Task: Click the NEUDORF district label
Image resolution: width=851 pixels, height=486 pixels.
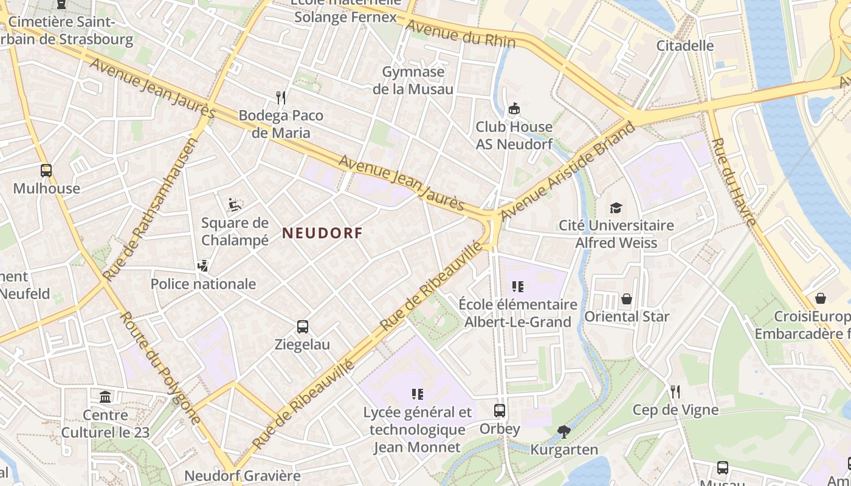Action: click(322, 233)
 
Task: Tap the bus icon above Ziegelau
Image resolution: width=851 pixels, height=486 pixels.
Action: click(303, 327)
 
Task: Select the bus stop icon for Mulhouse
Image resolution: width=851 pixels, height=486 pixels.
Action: click(46, 171)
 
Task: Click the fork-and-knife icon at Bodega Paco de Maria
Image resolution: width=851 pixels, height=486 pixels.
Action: click(281, 97)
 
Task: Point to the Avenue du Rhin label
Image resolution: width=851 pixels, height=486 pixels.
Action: click(460, 34)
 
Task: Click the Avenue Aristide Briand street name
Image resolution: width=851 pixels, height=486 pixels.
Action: click(567, 172)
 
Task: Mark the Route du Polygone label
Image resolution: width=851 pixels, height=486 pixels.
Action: click(160, 368)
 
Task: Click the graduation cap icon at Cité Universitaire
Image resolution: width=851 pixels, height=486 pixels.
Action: click(616, 208)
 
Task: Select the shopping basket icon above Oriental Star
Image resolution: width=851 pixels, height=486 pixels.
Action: click(627, 299)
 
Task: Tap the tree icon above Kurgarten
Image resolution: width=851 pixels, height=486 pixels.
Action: click(564, 432)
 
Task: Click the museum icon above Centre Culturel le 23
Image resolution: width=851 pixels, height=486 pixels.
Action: click(106, 397)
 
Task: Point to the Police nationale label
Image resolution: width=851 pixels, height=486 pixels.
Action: click(203, 284)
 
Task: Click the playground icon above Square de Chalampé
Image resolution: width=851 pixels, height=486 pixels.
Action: click(235, 205)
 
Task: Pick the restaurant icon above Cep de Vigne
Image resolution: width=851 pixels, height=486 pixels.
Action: click(675, 392)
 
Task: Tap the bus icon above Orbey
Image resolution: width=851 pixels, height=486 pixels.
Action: click(500, 411)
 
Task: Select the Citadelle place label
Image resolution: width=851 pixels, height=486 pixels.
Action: click(685, 46)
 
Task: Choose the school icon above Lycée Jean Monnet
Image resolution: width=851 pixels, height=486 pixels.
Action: click(417, 394)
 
